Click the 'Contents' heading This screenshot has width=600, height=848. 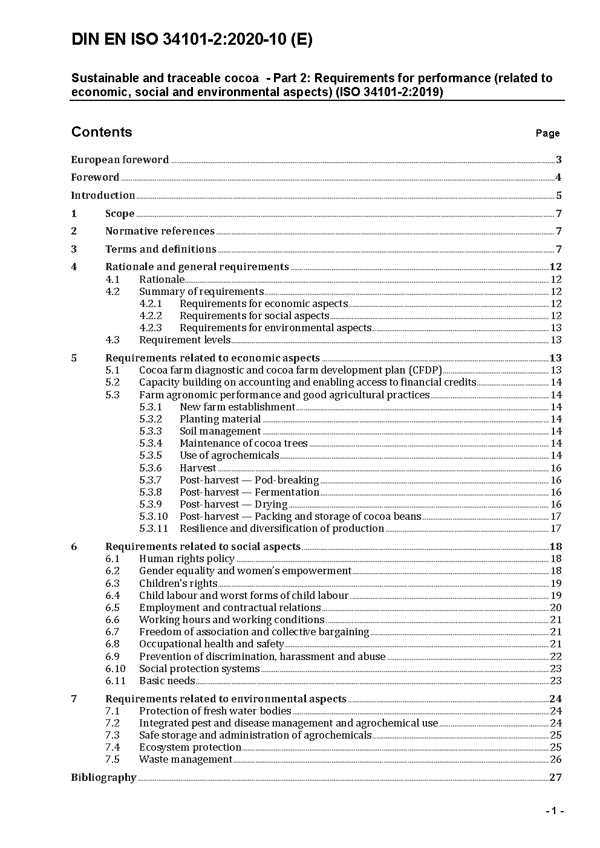[102, 132]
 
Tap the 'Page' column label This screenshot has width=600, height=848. [547, 133]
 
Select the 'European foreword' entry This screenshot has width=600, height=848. [120, 160]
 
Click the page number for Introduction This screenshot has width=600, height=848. [559, 195]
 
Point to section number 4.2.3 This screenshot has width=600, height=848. [151, 328]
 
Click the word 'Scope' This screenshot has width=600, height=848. [120, 213]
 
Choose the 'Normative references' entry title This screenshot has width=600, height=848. [160, 231]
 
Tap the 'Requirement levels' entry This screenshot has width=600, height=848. [184, 340]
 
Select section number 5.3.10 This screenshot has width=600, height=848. [154, 516]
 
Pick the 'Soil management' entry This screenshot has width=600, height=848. [220, 431]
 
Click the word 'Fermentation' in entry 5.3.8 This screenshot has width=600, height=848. [287, 492]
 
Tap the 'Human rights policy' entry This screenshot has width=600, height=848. [187, 558]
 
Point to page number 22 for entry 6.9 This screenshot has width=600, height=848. [556, 656]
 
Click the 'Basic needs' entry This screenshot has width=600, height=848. [167, 681]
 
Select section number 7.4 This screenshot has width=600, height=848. [112, 747]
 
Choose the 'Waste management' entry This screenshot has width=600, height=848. [186, 759]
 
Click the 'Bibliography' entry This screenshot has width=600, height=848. [103, 777]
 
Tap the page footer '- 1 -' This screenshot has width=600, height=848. [555, 811]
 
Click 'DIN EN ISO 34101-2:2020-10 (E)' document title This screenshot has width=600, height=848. [192, 40]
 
